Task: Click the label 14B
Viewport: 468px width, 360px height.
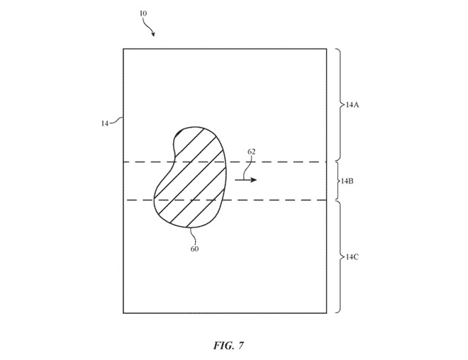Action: pos(347,181)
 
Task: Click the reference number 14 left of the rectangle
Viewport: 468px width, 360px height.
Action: pos(105,123)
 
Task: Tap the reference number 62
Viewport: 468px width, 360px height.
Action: pos(251,152)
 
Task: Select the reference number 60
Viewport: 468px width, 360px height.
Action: pos(194,249)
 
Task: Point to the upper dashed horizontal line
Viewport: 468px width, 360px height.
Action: pos(284,162)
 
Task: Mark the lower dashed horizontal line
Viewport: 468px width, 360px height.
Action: pos(284,200)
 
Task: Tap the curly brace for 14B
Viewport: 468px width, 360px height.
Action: pos(337,181)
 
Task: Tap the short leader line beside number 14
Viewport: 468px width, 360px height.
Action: pos(117,121)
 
